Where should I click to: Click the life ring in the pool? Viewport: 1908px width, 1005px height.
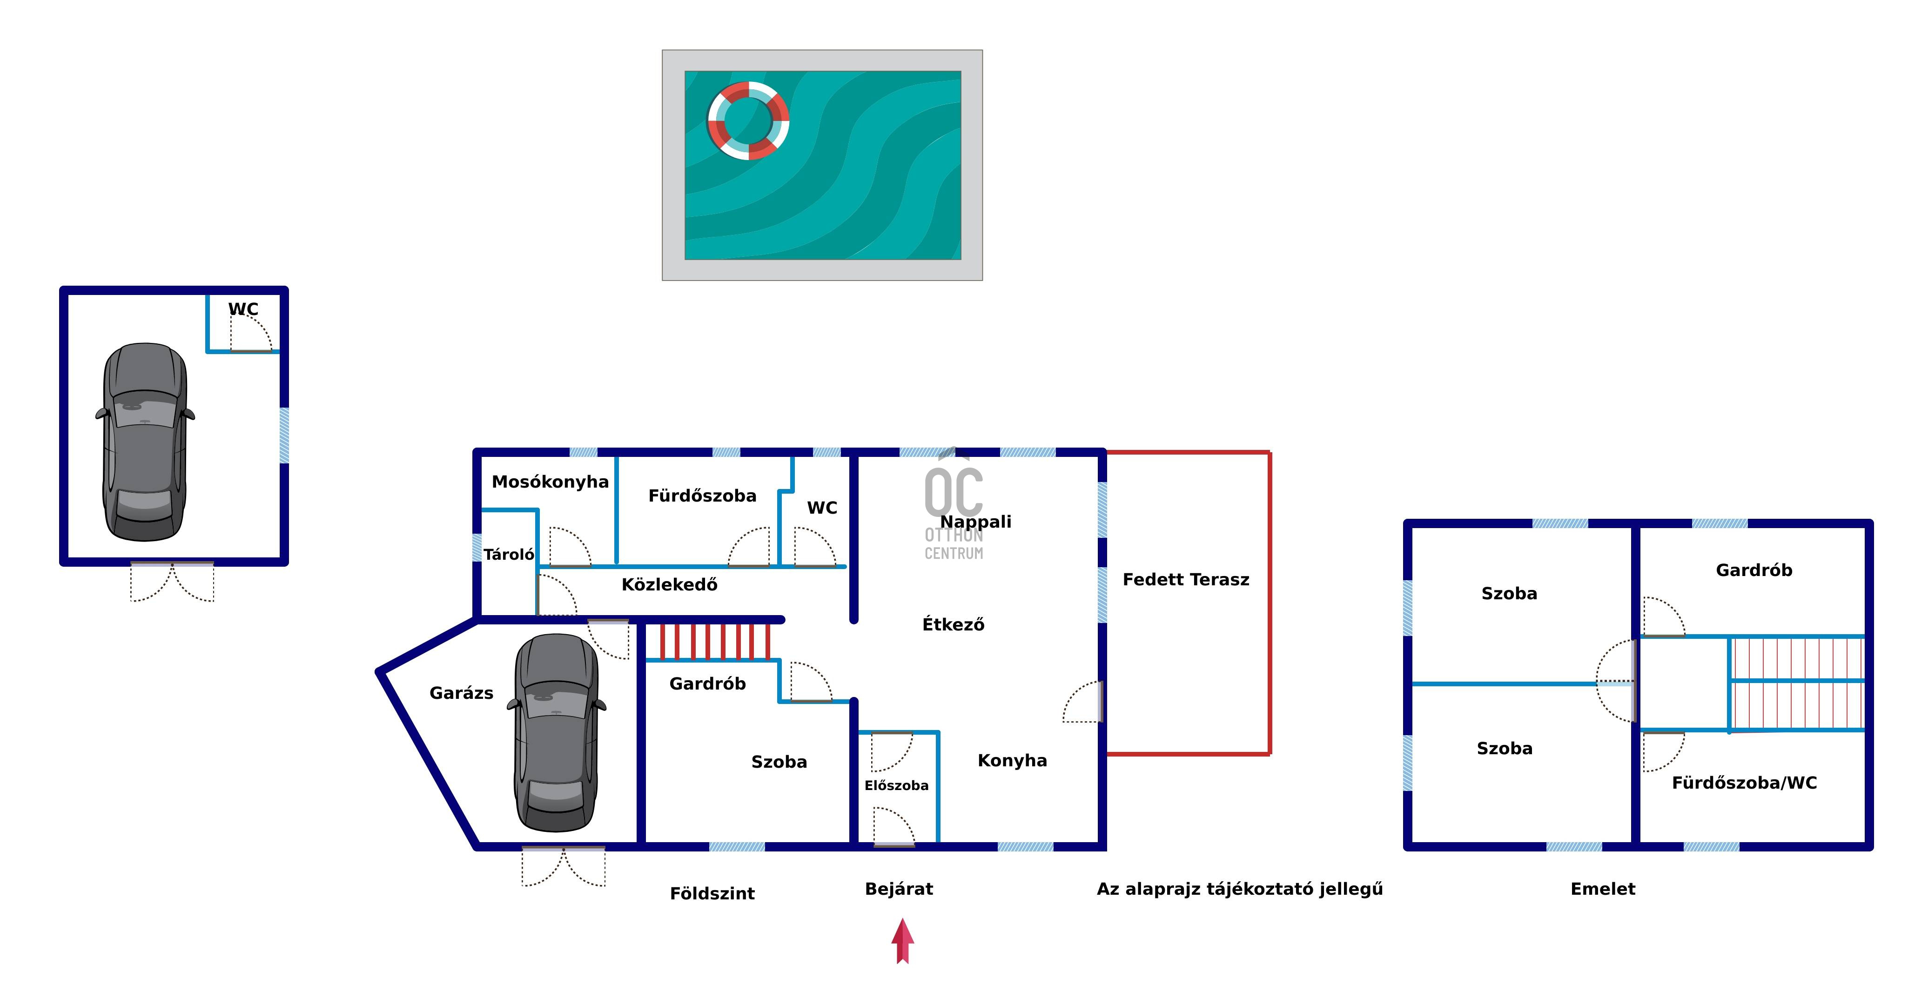coord(748,121)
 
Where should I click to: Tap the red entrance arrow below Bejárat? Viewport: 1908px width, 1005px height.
coord(902,941)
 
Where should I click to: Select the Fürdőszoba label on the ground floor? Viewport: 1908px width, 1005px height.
coord(702,496)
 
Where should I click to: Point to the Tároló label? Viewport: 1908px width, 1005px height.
coord(509,555)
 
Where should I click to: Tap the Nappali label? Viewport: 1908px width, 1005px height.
coord(975,522)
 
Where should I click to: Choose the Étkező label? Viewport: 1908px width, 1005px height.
coord(953,625)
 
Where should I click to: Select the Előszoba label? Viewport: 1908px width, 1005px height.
coord(896,786)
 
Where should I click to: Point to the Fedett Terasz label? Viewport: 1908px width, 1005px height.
coord(1185,580)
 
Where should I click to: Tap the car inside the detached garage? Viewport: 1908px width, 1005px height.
coord(145,442)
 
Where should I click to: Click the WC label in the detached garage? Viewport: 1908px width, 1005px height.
coord(243,309)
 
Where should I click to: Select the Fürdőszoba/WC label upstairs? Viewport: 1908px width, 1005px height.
coord(1744,783)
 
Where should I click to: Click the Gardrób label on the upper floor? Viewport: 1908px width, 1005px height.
coord(1754,570)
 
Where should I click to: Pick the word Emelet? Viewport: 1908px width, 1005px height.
coord(1603,890)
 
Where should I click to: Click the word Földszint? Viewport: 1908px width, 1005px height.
coord(712,894)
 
